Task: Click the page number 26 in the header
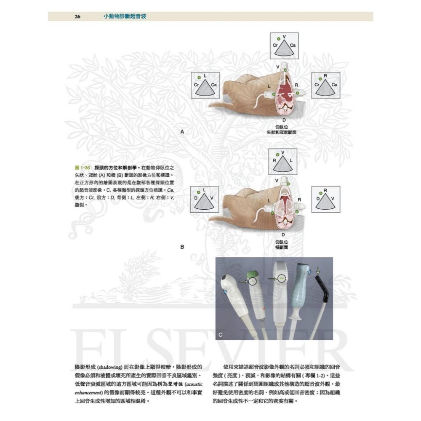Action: [x=77, y=17]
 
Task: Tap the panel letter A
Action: [x=182, y=132]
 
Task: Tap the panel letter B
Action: [x=182, y=247]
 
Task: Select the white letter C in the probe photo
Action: [x=221, y=335]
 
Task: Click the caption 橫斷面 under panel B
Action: [x=282, y=248]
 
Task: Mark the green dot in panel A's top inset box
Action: [x=278, y=39]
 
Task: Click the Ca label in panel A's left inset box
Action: [x=214, y=85]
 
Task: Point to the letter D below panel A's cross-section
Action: [x=284, y=120]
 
